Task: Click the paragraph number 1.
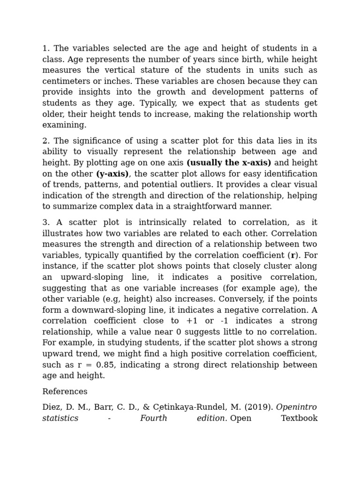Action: [45, 48]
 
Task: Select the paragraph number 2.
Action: [45, 141]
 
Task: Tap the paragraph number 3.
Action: [45, 222]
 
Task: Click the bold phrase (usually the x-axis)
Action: [229, 163]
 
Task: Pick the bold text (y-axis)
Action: [112, 174]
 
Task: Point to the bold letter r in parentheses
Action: [293, 255]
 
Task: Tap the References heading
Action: [65, 391]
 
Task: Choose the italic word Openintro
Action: [296, 407]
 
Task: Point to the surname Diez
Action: [52, 407]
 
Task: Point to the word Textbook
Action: [299, 418]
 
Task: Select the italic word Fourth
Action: [153, 418]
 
